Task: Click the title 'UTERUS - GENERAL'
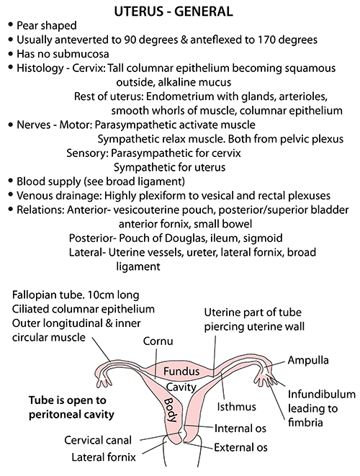point(174,12)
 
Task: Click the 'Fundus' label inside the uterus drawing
point(181,371)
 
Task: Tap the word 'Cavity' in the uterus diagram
point(181,387)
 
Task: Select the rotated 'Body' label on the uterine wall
point(171,410)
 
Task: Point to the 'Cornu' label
point(158,341)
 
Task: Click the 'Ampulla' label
point(307,360)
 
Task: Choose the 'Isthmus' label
point(236,406)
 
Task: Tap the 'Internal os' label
point(240,428)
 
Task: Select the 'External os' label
point(240,447)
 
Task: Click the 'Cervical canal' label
point(98,440)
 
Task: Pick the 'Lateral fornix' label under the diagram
point(104,457)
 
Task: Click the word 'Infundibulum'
point(321,394)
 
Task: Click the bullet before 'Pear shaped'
point(12,25)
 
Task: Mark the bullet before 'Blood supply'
point(12,181)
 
